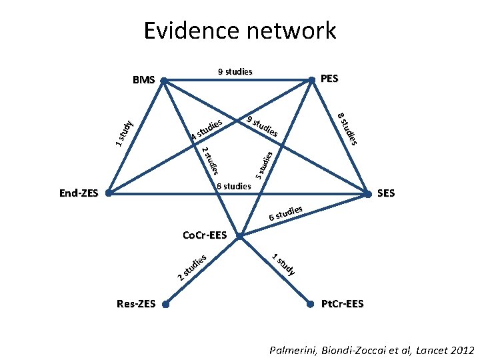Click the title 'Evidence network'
[x=239, y=31]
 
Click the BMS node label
[x=143, y=80]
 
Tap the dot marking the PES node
[x=311, y=81]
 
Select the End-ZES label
[x=78, y=194]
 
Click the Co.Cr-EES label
[x=205, y=235]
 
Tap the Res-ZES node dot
[x=166, y=305]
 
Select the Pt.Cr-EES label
[x=342, y=304]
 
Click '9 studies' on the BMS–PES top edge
[x=235, y=71]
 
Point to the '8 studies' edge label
[x=348, y=129]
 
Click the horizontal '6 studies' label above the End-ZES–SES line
[x=233, y=185]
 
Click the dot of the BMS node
[x=164, y=83]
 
